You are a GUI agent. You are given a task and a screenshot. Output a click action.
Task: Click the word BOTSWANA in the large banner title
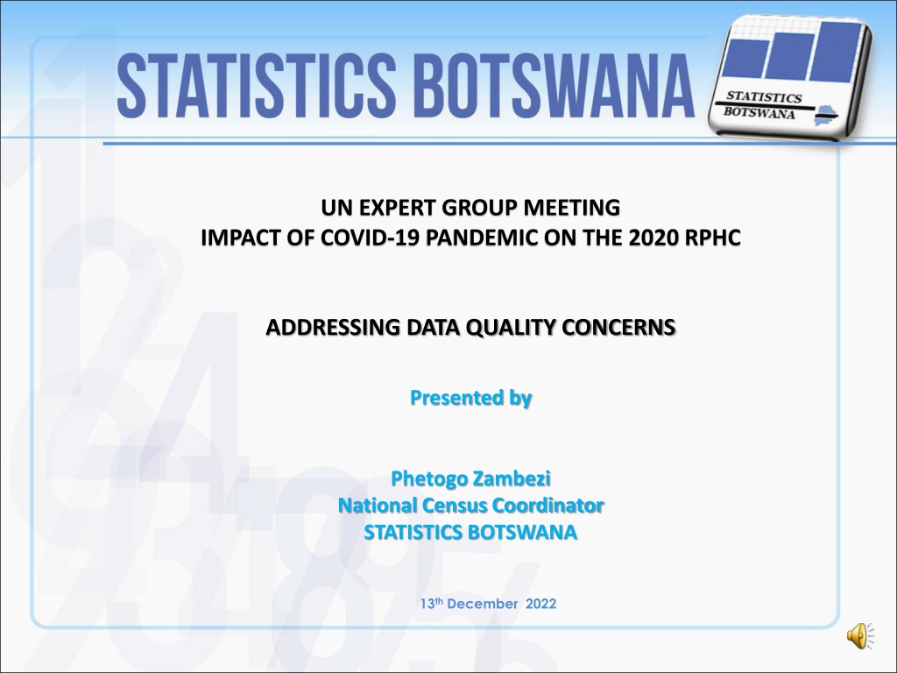(x=554, y=85)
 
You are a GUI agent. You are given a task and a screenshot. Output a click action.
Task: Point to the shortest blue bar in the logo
(x=745, y=59)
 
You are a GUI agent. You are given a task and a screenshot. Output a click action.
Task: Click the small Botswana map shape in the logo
(x=824, y=115)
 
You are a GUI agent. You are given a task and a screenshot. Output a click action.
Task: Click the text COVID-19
(x=371, y=237)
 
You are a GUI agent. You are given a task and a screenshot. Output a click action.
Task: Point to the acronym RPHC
(x=712, y=237)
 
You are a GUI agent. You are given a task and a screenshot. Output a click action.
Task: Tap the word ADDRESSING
(x=334, y=328)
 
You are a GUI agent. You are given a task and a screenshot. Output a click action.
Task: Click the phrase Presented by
(x=470, y=398)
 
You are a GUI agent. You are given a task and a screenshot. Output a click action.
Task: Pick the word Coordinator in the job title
(x=548, y=506)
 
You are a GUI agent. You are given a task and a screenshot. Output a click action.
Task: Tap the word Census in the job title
(x=455, y=506)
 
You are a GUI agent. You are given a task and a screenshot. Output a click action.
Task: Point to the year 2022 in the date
(x=541, y=604)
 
